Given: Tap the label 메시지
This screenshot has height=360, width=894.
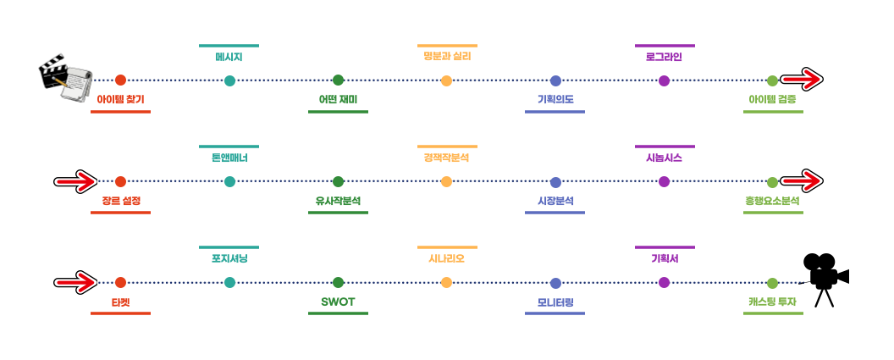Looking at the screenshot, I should pos(229,58).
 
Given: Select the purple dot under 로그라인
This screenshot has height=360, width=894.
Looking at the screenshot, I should pos(664,80).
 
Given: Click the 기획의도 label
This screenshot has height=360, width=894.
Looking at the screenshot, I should pos(555,99).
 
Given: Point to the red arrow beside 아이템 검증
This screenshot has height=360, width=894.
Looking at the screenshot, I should pos(801,80).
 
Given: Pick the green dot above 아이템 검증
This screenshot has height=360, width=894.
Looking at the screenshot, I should pos(772,80).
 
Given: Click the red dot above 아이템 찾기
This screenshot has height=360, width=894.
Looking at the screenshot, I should pos(120,80).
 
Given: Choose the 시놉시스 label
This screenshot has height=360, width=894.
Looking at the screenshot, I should pos(664,158).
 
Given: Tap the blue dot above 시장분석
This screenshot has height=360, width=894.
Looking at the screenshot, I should pos(555,181).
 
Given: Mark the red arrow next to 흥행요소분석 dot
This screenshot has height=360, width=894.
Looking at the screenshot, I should pos(801,180).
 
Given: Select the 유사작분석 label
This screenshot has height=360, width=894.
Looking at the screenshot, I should pos(338,201).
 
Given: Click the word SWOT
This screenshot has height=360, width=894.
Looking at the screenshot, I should pos(338,302).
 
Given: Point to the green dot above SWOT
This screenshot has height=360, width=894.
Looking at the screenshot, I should pos(338,282).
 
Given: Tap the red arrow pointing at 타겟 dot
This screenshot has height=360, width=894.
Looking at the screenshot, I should pos(76,282).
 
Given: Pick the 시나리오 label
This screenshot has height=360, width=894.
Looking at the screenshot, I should pos(446,259).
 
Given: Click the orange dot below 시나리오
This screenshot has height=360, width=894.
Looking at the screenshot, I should pos(446,282).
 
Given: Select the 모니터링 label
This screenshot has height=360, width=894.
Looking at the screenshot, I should pos(555,302).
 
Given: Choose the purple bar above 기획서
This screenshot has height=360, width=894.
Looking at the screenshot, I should pos(665,247).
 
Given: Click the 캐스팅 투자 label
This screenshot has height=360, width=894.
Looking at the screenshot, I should pos(772,302).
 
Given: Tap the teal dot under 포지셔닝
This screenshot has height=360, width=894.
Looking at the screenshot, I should pos(229,282).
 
